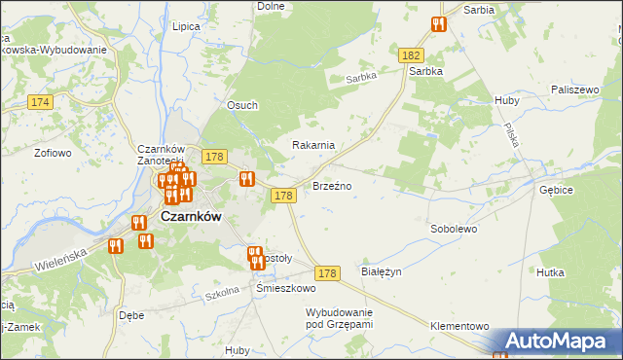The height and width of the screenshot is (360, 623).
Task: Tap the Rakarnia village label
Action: (313, 145)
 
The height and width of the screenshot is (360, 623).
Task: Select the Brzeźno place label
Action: (331, 185)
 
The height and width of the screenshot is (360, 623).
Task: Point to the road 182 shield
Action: (410, 58)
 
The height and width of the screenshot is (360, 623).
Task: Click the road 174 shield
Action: (40, 101)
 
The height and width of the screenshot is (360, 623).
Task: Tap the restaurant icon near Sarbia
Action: (438, 24)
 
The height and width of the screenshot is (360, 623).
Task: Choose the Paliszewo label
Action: (573, 89)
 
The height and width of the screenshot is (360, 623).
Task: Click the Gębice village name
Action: (555, 191)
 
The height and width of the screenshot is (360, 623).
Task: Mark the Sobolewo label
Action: (454, 230)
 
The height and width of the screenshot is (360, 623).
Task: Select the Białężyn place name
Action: (382, 272)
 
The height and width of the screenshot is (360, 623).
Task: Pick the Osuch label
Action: (242, 106)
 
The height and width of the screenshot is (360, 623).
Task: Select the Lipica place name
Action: (185, 28)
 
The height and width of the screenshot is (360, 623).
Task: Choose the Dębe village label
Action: (130, 315)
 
